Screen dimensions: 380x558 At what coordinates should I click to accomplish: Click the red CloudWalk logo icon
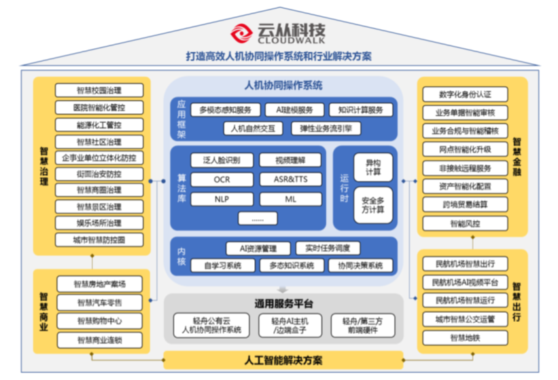(241, 32)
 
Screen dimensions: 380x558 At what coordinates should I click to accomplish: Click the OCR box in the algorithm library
(222, 180)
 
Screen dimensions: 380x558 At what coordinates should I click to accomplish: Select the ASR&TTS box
(290, 180)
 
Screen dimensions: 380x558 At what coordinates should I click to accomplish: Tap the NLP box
(222, 199)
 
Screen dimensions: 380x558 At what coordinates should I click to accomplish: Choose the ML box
(290, 199)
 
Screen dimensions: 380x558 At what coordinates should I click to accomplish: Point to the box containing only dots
(258, 218)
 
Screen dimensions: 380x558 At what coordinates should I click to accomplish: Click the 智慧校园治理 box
(99, 90)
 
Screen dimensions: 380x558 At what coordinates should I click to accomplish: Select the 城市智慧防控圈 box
(99, 240)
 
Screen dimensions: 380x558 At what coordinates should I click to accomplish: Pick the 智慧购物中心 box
(99, 321)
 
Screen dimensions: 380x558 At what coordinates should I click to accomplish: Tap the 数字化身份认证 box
(465, 94)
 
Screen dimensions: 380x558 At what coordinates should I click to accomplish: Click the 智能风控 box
(465, 223)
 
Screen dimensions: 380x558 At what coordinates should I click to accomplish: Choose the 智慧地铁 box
(465, 337)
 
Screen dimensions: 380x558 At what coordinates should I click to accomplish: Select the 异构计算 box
(373, 168)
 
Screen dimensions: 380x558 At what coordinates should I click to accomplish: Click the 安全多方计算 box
(373, 205)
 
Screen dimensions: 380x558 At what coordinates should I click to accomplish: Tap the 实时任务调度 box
(328, 249)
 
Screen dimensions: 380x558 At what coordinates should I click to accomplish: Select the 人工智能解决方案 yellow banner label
(283, 360)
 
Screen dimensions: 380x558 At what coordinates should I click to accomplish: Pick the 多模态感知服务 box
(225, 110)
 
